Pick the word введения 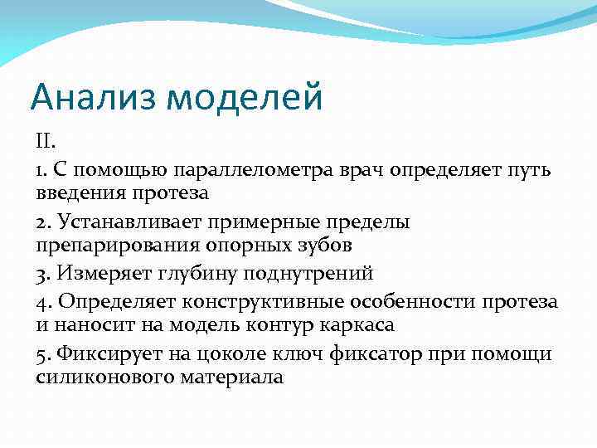click(78, 193)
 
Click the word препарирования click(113, 246)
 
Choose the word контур click(279, 324)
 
